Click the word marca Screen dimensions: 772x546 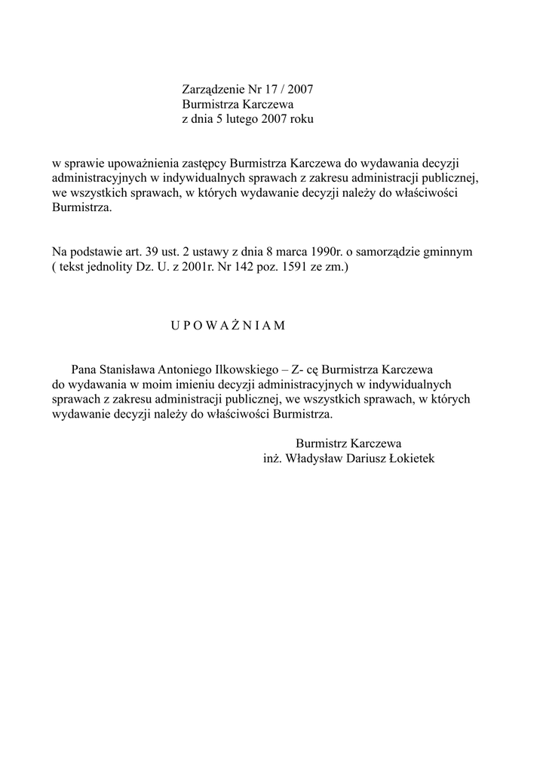[x=294, y=251]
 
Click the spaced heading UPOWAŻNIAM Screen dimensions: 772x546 [x=227, y=326]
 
